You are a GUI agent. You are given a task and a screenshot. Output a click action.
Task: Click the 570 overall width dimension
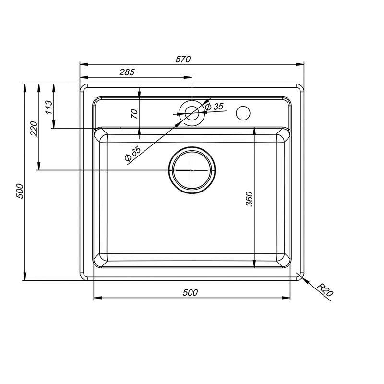point(183,59)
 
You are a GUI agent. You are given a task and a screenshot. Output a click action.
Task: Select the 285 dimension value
point(127,72)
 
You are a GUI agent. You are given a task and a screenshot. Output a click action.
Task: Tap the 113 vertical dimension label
point(49,107)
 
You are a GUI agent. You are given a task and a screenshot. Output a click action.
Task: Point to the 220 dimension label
point(34,129)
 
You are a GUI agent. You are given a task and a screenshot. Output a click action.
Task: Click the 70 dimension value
point(134,114)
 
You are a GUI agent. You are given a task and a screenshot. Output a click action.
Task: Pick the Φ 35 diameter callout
point(215,107)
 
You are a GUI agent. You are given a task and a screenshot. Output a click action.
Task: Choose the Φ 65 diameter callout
point(132,154)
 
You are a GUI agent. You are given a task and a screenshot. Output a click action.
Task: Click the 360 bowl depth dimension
point(249,199)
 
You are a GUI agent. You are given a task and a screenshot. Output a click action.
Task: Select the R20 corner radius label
point(325,290)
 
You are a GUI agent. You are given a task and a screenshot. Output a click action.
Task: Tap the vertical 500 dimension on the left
point(20,191)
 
